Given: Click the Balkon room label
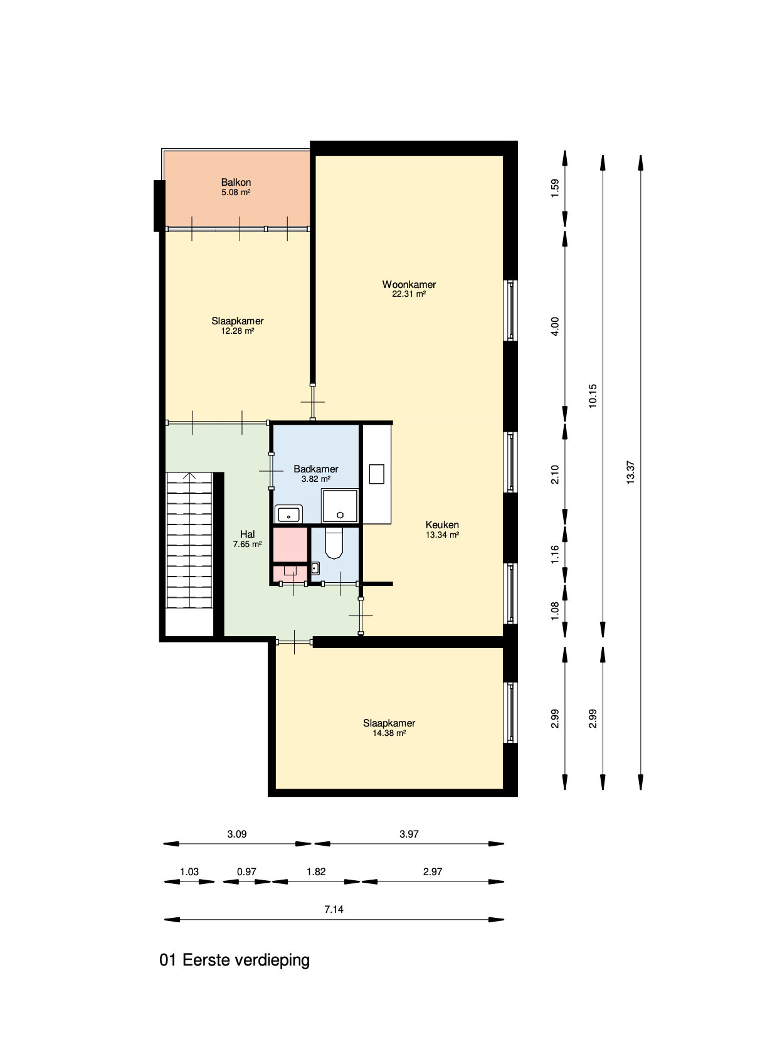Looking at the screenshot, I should coord(236,187).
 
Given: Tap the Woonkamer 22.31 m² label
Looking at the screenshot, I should coord(409,289).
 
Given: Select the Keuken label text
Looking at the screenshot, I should coord(442,525).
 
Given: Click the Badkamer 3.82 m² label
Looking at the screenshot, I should coord(316,474).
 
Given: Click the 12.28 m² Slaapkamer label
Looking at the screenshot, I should coord(237,326).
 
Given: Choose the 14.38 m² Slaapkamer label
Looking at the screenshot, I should coord(389,728).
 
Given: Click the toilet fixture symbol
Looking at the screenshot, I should coord(334,543).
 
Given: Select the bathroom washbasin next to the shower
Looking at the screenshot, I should coord(289,514).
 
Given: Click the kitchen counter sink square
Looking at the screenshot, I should coord(376,474).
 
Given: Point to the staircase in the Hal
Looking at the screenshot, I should coord(189,540).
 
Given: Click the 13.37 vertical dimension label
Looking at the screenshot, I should coord(631,471).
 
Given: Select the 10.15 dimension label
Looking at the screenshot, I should coord(593,396).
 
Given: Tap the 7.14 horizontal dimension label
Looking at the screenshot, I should coord(334,909).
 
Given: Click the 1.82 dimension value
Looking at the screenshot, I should coord(316,871).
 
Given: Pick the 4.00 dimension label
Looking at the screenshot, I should coord(554,326).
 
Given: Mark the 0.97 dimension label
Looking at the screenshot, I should coord(246,871).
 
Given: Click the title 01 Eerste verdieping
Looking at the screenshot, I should coord(235,960).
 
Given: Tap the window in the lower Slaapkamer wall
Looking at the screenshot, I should coord(511,712).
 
